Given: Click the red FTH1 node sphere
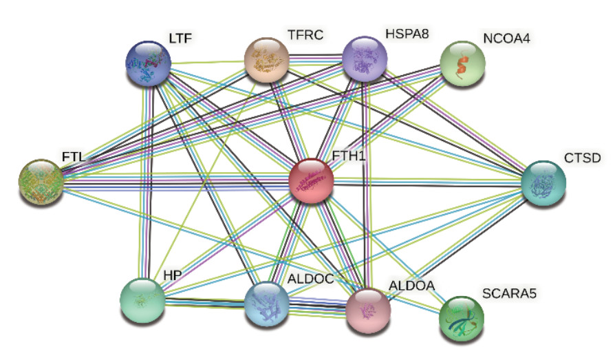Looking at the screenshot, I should coord(312,181).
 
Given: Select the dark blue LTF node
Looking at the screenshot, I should coord(149,63).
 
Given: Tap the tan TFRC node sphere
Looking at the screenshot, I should coord(267,60).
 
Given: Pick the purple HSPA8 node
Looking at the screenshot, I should coord(365,60).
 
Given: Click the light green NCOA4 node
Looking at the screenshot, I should coord(462,63).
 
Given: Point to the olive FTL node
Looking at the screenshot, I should coord(40,182).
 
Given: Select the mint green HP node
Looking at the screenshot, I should coord(142,301).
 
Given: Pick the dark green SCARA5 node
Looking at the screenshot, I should coord(461,319).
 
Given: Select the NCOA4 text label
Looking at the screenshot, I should coord(488,36).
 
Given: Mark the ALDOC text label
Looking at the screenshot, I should coord(311,279).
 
